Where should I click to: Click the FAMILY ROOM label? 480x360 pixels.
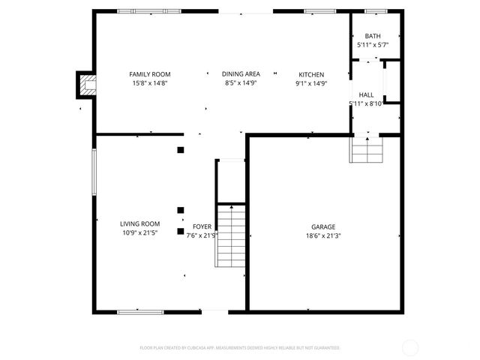point(150,74)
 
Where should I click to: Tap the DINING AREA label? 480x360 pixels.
point(241,74)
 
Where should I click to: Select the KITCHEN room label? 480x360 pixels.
point(311,74)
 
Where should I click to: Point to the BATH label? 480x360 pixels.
point(373,36)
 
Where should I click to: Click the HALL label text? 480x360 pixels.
point(366,95)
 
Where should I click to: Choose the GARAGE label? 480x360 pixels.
point(323,226)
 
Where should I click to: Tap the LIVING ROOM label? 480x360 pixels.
point(140,223)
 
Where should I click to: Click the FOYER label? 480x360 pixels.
point(202,226)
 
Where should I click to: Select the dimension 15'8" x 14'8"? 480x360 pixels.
point(150,84)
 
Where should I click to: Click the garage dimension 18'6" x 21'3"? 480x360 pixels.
point(323,235)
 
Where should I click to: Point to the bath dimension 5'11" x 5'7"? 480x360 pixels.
point(373,45)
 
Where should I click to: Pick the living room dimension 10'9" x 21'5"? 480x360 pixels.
point(140,233)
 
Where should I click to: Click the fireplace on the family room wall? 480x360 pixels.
point(85,85)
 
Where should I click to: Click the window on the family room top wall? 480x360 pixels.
point(149,11)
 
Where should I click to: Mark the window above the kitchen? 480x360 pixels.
point(319,11)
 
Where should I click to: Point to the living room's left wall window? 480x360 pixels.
point(94,172)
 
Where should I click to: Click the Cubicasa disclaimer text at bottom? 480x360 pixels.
point(240,348)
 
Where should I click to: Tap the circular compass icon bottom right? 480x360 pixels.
point(410,347)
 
